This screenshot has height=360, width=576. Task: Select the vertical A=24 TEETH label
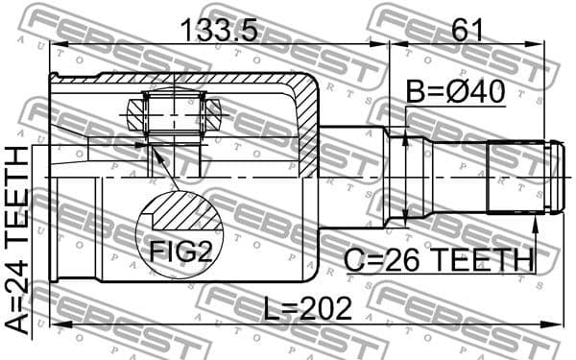(18, 239)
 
